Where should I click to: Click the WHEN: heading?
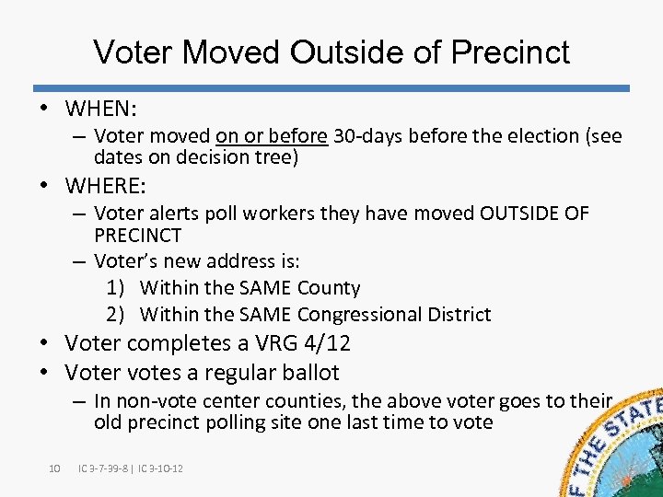pyautogui.click(x=101, y=109)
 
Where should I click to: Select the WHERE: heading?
pyautogui.click(x=106, y=186)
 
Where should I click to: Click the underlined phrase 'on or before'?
pyautogui.click(x=272, y=136)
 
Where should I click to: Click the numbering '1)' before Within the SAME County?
pyautogui.click(x=116, y=288)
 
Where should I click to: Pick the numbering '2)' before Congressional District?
pyautogui.click(x=116, y=315)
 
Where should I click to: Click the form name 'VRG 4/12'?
pyautogui.click(x=299, y=343)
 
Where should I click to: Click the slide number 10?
pyautogui.click(x=54, y=468)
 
